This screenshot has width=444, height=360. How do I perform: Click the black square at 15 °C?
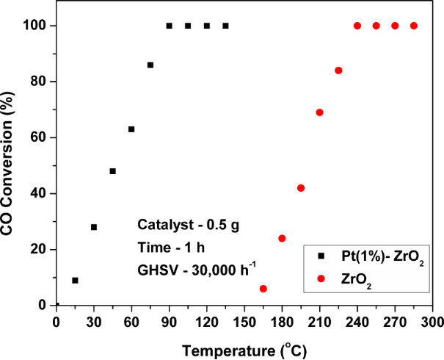[x=75, y=280]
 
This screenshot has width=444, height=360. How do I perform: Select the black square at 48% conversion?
[x=113, y=171]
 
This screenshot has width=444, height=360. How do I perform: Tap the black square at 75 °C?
[x=150, y=65]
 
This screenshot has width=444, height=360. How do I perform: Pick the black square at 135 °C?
[x=225, y=26]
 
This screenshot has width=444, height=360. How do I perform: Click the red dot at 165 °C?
[x=263, y=289]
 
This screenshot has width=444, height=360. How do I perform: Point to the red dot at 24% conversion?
[x=282, y=238]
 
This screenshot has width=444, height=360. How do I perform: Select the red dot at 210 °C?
[x=320, y=112]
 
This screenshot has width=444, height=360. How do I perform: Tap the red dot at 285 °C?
[x=414, y=26]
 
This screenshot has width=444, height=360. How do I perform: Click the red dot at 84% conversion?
[x=338, y=71]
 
